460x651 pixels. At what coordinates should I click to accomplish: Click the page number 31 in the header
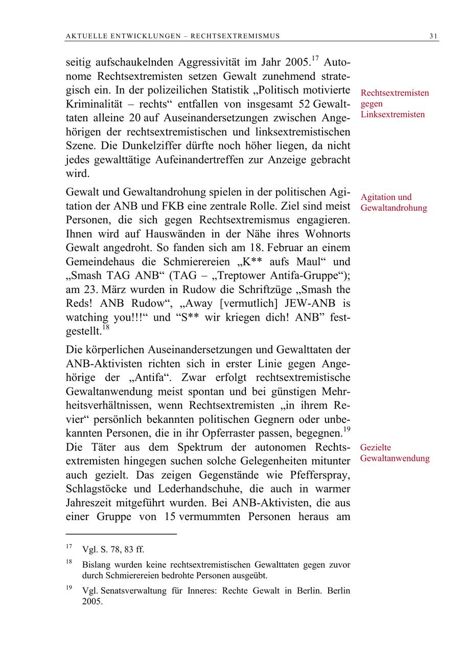(x=433, y=36)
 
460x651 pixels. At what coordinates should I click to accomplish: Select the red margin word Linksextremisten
(x=393, y=114)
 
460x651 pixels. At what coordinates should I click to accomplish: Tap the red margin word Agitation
(x=378, y=197)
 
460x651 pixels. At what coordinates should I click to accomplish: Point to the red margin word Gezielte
(x=376, y=447)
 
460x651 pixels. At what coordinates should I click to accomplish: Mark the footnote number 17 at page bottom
(x=69, y=547)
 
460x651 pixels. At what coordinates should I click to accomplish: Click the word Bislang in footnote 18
(x=97, y=565)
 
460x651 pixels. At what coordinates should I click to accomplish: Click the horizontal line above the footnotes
(x=121, y=534)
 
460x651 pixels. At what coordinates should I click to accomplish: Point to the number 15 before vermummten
(x=170, y=517)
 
